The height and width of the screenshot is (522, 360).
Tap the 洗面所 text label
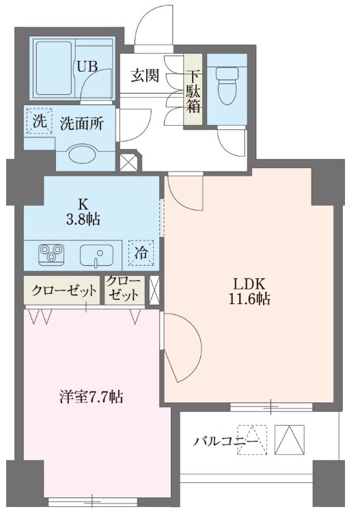coord(81,124)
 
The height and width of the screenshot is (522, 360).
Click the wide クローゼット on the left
coord(62,290)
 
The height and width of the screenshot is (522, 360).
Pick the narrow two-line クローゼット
coord(123,290)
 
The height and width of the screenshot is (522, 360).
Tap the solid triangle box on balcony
coord(290,439)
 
